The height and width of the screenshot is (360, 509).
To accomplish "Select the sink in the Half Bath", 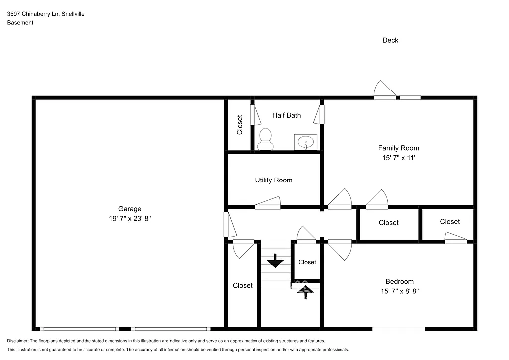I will (x=305, y=142).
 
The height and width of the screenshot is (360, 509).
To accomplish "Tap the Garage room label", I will (x=130, y=209).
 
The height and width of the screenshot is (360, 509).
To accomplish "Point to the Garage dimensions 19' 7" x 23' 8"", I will (x=130, y=219).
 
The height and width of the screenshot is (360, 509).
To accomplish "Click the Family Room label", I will (x=398, y=148).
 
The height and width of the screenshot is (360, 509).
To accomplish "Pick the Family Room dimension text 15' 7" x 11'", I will (x=398, y=158).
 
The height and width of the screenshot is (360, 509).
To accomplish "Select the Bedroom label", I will (x=399, y=281).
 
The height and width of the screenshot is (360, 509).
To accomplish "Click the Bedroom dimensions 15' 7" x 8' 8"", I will (x=399, y=291).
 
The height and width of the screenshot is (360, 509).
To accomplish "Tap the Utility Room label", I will (x=274, y=180).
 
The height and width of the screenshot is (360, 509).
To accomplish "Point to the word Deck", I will (x=390, y=40).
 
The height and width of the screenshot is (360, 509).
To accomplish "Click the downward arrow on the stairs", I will (x=275, y=261).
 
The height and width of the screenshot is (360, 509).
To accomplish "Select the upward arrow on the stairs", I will (x=305, y=291).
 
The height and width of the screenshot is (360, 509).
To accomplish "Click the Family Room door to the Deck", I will (x=385, y=91).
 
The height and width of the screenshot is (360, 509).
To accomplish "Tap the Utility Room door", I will (x=268, y=202).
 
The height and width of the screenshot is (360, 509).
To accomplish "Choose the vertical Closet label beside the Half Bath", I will (x=240, y=125).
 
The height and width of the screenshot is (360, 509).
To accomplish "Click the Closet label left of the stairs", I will (x=243, y=285).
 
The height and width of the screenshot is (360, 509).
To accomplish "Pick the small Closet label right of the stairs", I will (x=307, y=262).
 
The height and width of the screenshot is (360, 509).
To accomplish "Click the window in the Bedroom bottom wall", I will (x=399, y=329).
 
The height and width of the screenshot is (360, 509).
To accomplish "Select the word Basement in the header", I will (x=20, y=23).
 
